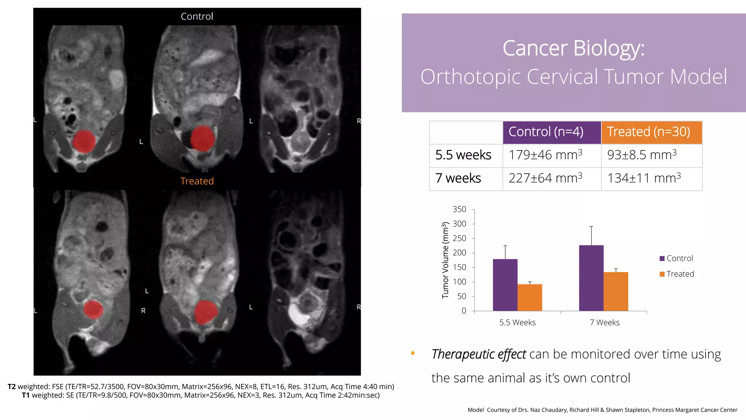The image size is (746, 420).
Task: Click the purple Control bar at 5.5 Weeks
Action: (505, 285)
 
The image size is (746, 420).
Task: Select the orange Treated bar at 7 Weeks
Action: (616, 292)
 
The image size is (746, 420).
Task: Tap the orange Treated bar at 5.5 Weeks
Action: (530, 297)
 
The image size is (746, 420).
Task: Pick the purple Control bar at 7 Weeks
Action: (591, 278)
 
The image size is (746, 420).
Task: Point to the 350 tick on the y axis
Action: (459, 209)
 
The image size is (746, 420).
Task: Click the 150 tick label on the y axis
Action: (459, 267)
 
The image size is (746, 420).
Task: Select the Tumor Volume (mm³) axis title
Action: (445, 260)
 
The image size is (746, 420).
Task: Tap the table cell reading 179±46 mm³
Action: (545, 155)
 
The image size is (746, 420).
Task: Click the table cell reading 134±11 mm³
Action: (644, 179)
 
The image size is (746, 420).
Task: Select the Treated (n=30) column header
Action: (648, 132)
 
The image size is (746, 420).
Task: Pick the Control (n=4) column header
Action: (546, 132)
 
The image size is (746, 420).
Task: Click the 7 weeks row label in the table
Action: (458, 179)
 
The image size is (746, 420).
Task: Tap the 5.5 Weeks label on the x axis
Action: (517, 322)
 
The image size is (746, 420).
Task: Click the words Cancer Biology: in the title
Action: (573, 48)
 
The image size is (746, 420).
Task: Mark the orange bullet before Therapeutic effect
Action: (413, 353)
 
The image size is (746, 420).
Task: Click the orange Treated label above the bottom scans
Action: (197, 181)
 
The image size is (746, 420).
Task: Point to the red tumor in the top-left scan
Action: (84, 141)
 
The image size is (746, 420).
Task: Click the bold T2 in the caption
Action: (12, 386)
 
